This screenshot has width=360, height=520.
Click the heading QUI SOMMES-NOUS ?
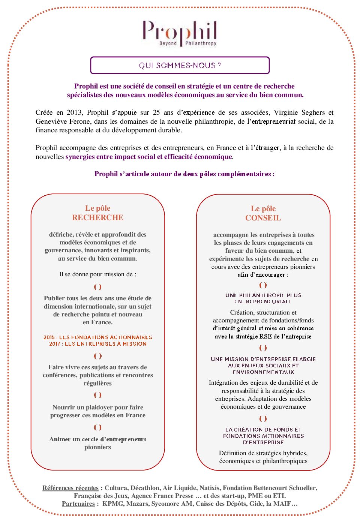180,66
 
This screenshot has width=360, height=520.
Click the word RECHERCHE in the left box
97,217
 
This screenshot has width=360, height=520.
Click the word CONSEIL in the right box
263,218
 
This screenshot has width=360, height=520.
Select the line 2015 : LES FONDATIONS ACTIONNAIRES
97,337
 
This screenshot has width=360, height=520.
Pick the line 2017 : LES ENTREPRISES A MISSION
97,344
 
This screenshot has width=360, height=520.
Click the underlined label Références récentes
70,488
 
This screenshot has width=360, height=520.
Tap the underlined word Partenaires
78,504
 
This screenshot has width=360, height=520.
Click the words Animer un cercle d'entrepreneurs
97,439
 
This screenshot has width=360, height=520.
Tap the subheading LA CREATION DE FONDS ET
263,430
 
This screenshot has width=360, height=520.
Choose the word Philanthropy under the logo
201,43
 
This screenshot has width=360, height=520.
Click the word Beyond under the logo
168,43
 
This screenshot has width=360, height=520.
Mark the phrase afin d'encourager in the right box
261,275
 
